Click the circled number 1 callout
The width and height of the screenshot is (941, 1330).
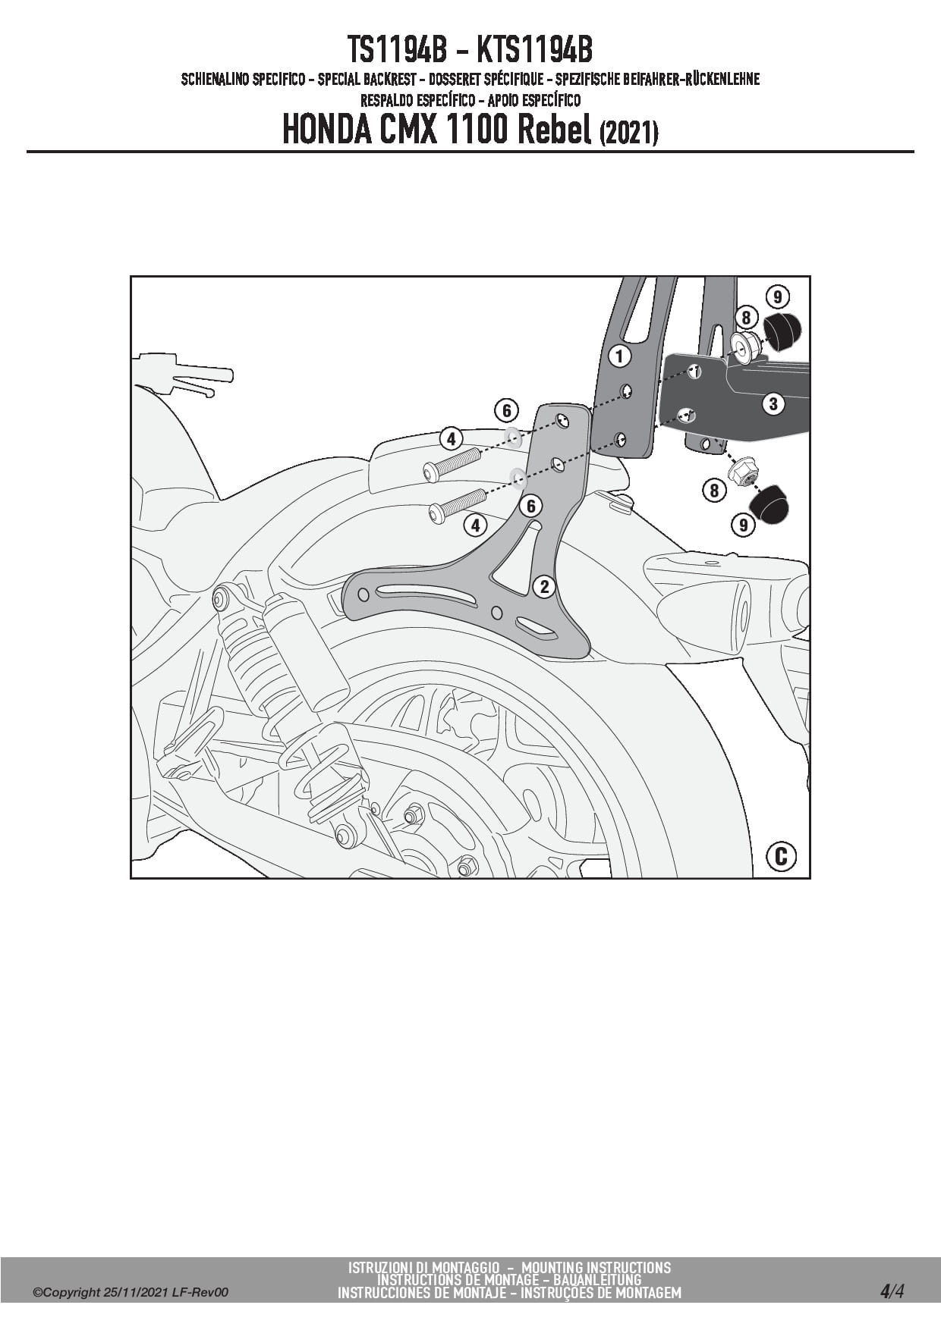click(619, 356)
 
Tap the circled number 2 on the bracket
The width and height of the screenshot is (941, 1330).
click(544, 586)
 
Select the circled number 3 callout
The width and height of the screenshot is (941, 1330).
click(773, 403)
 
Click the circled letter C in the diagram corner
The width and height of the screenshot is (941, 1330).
click(781, 856)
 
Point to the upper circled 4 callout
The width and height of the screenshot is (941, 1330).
click(451, 438)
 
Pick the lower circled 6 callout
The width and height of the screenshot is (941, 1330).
click(530, 506)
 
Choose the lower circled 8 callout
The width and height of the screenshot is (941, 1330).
click(714, 491)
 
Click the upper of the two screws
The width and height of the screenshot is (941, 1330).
click(452, 463)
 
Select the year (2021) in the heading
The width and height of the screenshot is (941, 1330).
click(628, 133)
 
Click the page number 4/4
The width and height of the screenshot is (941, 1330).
click(892, 1291)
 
